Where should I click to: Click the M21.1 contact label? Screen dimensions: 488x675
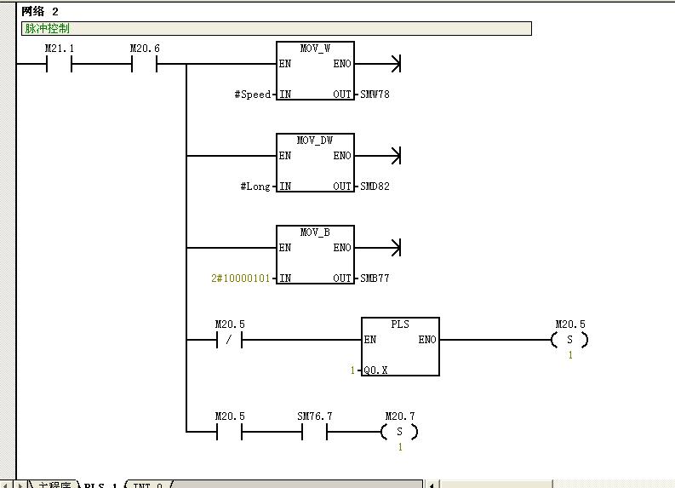pyautogui.click(x=59, y=49)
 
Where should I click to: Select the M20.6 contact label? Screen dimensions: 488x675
pyautogui.click(x=144, y=49)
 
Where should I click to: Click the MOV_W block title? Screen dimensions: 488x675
pyautogui.click(x=315, y=49)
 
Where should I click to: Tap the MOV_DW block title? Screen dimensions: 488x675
pyautogui.click(x=315, y=141)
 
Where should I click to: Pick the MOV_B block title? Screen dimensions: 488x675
pyautogui.click(x=315, y=233)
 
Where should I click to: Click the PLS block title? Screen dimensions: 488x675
pyautogui.click(x=400, y=324)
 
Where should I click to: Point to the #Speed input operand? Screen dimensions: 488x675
pyautogui.click(x=253, y=95)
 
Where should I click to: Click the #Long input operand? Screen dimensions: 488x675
pyautogui.click(x=255, y=187)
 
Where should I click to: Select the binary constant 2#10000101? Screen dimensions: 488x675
pyautogui.click(x=241, y=278)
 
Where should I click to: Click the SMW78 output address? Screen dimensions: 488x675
pyautogui.click(x=375, y=95)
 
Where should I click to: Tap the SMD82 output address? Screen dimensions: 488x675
pyautogui.click(x=375, y=187)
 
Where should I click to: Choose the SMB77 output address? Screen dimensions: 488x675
pyautogui.click(x=375, y=278)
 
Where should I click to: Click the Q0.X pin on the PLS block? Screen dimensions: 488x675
pyautogui.click(x=373, y=370)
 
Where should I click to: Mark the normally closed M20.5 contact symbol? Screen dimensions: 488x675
pyautogui.click(x=229, y=341)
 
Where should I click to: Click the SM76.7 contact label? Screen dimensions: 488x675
pyautogui.click(x=314, y=416)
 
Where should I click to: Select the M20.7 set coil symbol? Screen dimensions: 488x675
pyautogui.click(x=400, y=433)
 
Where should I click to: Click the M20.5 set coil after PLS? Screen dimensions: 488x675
pyautogui.click(x=569, y=341)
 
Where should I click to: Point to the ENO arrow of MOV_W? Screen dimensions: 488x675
pyautogui.click(x=394, y=64)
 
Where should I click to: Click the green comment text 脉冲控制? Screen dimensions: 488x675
pyautogui.click(x=47, y=28)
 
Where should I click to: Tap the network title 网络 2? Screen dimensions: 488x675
pyautogui.click(x=40, y=11)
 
